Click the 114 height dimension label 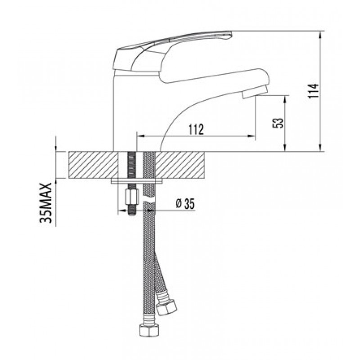pos(314,91)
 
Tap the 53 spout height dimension pos(278,123)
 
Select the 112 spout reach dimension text pos(196,130)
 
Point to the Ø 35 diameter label pos(185,204)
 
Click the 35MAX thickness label pos(46,203)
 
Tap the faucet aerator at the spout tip pos(255,92)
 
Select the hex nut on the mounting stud pos(132,197)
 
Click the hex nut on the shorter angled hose pos(166,307)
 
